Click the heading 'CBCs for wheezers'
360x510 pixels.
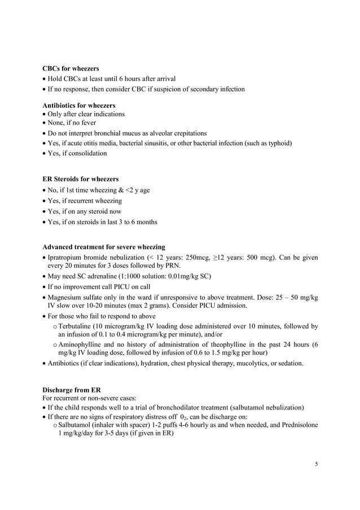point(71,69)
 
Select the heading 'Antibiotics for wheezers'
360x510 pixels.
point(79,105)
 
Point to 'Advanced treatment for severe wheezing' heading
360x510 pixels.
point(104,247)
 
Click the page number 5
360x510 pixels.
point(317,464)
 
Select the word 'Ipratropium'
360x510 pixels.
point(66,259)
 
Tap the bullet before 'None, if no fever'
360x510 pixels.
point(45,123)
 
